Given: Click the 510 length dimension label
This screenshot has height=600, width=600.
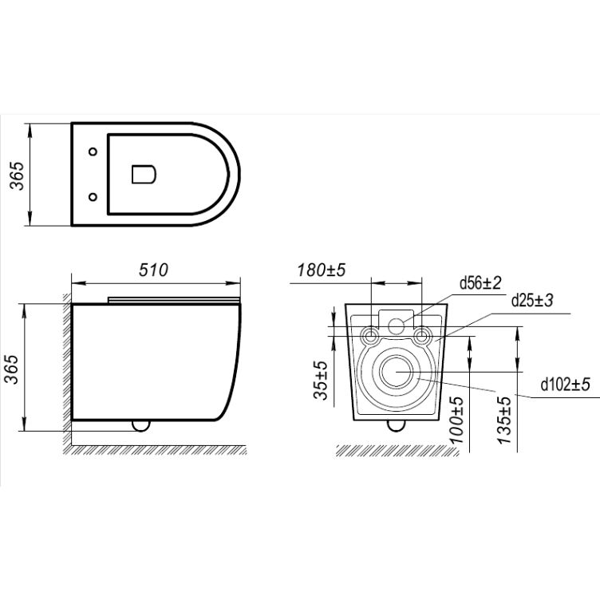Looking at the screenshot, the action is (153, 270).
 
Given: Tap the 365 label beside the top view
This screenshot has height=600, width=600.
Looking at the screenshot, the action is (17, 176).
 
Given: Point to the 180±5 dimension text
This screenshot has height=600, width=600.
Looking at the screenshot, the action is (322, 270).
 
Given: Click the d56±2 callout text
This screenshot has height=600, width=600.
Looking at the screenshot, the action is (480, 283).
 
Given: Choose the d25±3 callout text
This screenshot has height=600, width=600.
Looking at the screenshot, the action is (532, 300).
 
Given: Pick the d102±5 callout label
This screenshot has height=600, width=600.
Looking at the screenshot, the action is (565, 385).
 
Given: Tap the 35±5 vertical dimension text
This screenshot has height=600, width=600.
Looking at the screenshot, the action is (321, 380).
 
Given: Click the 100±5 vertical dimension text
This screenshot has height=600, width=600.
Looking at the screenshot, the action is (456, 420).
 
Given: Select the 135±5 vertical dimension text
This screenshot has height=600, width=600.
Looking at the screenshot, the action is (504, 420).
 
